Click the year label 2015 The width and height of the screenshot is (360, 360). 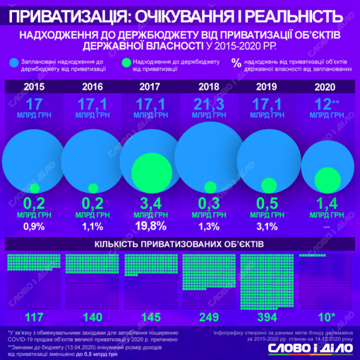34,87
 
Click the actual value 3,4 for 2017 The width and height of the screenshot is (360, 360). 151,203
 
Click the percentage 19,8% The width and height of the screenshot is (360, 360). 151,226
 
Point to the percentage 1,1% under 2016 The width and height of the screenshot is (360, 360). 93,226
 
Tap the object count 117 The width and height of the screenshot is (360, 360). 35,316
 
